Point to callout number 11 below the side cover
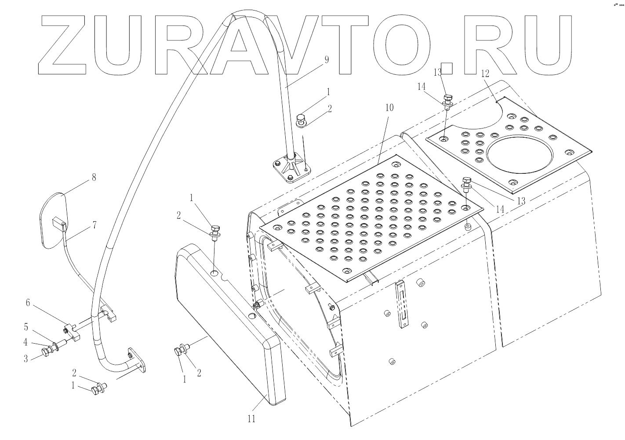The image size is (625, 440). (x=251, y=418)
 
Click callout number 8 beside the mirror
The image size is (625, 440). (x=93, y=178)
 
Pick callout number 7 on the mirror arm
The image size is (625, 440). (x=94, y=225)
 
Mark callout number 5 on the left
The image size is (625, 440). (x=26, y=327)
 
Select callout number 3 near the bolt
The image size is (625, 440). (x=26, y=359)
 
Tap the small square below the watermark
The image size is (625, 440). (x=447, y=69)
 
